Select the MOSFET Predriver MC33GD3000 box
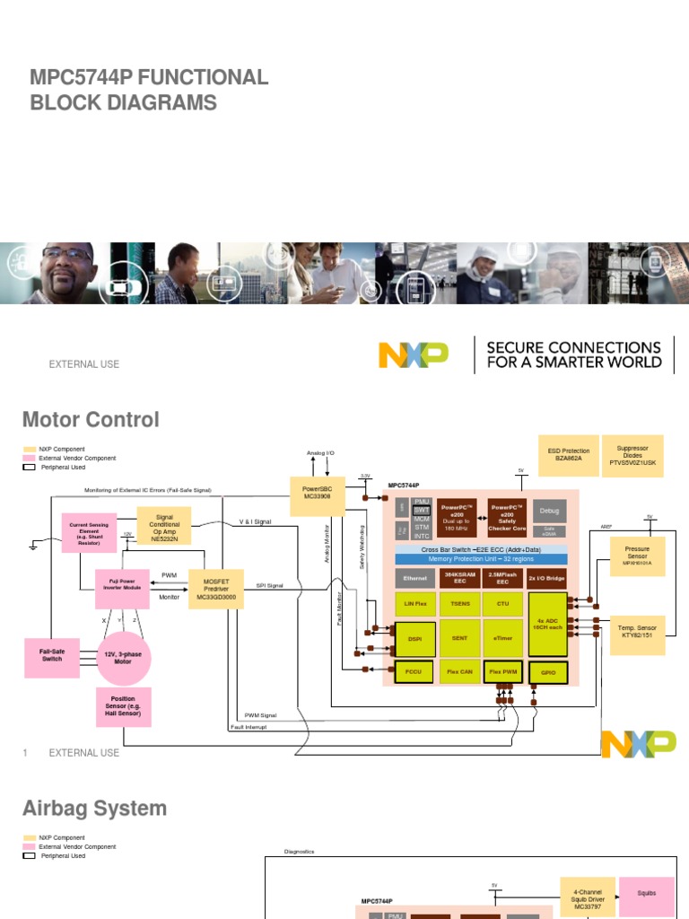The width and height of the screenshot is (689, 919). coord(216,588)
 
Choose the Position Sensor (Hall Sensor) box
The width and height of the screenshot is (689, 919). coord(123,706)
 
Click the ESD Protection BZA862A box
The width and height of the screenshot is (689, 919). coord(562,455)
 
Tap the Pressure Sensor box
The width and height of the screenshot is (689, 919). coord(637,557)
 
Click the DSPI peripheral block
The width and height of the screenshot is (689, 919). coord(414,639)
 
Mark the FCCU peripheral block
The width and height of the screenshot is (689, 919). coord(414,671)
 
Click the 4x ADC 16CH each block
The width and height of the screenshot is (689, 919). coord(546,624)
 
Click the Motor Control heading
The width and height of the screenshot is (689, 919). coord(91,420)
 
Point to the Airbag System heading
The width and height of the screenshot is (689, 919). coord(94,809)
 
